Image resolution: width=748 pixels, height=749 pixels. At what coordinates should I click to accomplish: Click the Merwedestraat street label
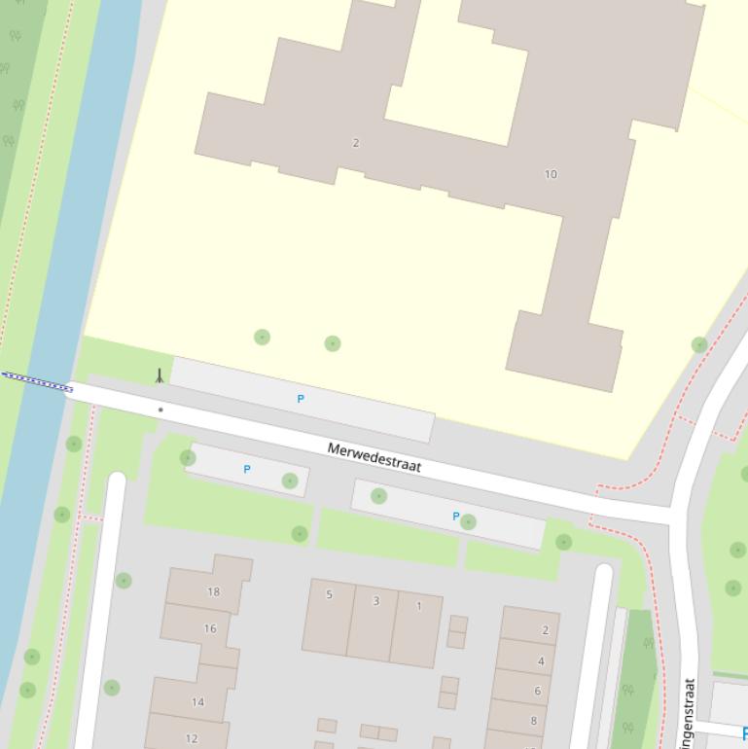click(374, 456)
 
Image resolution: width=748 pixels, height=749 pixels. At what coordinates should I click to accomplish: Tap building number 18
click(213, 591)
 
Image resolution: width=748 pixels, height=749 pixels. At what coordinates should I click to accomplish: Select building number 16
click(210, 628)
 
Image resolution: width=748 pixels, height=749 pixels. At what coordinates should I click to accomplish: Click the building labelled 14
click(197, 701)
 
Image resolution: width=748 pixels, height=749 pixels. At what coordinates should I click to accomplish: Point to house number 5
click(329, 594)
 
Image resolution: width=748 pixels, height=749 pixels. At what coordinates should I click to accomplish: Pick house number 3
click(376, 601)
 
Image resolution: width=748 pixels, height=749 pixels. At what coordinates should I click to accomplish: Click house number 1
click(419, 606)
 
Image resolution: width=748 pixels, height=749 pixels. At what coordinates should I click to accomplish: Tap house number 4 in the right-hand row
click(541, 661)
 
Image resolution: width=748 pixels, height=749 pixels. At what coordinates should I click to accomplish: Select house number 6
click(537, 691)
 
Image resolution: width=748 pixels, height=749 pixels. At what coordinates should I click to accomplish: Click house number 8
click(533, 721)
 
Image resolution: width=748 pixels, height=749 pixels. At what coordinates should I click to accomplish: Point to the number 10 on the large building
click(551, 174)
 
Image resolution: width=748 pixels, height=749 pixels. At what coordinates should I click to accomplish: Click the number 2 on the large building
click(356, 143)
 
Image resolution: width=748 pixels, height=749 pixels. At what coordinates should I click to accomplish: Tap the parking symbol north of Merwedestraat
click(301, 399)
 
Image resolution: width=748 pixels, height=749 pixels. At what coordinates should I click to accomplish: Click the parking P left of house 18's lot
click(247, 469)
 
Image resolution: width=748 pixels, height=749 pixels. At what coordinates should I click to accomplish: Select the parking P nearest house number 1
click(455, 517)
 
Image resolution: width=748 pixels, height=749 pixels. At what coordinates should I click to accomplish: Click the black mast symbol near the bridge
click(160, 375)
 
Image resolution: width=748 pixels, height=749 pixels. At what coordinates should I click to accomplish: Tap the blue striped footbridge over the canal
click(37, 381)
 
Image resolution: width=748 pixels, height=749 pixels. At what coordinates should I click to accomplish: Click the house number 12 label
click(192, 738)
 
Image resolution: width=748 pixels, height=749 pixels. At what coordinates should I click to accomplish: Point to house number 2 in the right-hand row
click(545, 630)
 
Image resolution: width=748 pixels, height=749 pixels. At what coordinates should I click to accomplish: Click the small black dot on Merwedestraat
click(160, 410)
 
